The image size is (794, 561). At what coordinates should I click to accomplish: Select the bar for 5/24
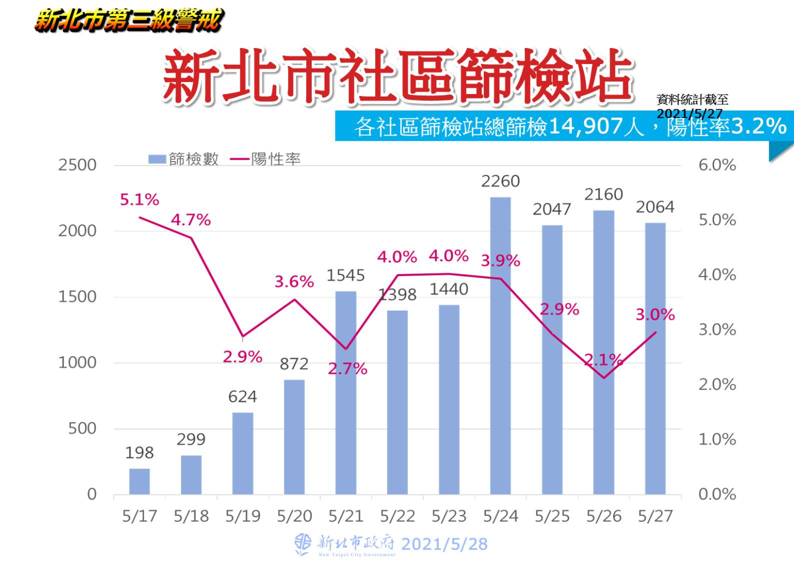pos(500,346)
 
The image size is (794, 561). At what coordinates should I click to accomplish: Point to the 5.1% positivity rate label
pos(139,200)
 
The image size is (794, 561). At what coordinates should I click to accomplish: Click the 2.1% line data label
pos(604,360)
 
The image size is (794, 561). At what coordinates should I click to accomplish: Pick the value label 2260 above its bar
pos(500,181)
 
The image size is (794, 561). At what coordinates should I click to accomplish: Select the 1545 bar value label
pos(345,276)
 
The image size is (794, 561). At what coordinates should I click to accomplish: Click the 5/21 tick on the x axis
pos(346,516)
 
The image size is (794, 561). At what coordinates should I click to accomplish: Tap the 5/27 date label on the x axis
pos(655,516)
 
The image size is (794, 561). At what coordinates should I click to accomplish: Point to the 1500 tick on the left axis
pos(77,297)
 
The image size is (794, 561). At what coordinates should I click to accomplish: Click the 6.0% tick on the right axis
pos(717,165)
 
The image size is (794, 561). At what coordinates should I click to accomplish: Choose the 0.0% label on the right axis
pos(717,494)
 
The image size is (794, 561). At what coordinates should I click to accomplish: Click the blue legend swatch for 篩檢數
pos(157,159)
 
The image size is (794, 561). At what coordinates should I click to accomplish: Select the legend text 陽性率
pos(276,159)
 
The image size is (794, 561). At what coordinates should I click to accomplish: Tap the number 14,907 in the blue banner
pos(585,126)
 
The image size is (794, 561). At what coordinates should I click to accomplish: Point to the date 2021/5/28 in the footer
pos(444,544)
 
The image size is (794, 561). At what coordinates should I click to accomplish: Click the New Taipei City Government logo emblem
pos(303,544)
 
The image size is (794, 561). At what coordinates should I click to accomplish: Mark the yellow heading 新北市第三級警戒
pos(129,21)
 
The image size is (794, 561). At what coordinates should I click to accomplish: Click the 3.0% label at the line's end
pos(655,314)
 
